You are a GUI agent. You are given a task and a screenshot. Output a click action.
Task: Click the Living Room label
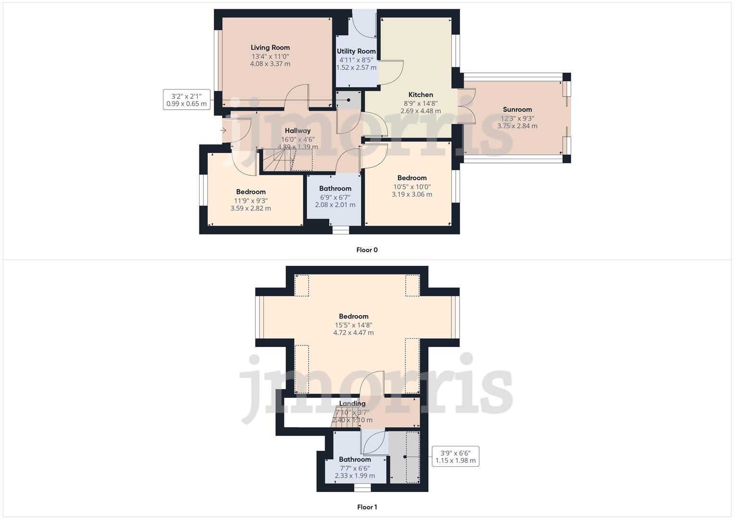tap(270, 48)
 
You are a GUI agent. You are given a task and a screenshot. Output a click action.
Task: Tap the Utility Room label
tap(356, 51)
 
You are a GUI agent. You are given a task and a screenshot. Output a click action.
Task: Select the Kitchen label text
tap(421, 95)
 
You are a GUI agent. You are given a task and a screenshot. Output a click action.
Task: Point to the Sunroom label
tap(517, 110)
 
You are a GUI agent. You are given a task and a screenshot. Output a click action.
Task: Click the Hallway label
tap(298, 131)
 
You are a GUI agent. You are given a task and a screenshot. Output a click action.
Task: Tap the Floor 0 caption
tap(367, 250)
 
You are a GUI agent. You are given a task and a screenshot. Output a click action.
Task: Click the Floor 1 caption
tap(367, 507)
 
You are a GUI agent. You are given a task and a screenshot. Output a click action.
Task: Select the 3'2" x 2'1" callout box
tap(187, 100)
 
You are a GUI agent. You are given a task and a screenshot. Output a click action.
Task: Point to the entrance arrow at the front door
tap(224, 130)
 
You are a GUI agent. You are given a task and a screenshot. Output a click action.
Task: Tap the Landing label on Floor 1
tap(352, 404)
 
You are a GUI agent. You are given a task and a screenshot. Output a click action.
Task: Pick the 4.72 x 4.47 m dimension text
tap(353, 333)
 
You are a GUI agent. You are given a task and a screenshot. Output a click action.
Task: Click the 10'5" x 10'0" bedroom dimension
tap(412, 187)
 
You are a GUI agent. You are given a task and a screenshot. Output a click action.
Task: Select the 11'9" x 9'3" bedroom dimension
tap(251, 201)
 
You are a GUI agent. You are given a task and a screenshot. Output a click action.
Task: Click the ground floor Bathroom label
tap(335, 189)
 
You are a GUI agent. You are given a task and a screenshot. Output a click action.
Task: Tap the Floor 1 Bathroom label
tap(355, 459)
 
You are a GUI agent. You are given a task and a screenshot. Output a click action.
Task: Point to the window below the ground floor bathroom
tap(341, 231)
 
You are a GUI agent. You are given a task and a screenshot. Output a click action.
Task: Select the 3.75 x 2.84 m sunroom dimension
tap(517, 126)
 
